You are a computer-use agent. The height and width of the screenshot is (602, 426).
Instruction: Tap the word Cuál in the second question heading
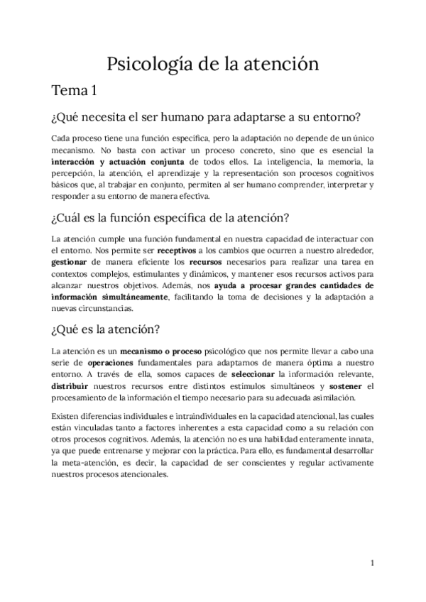point(73,217)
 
